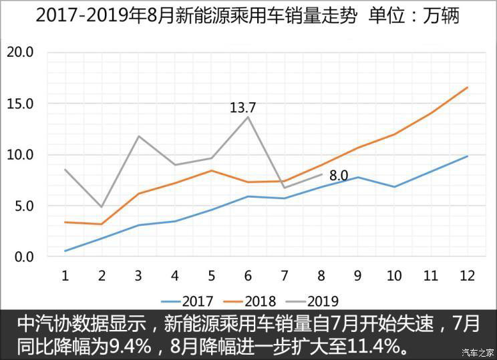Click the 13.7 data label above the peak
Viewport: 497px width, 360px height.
pos(242,108)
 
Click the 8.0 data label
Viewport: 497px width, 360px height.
pos(339,176)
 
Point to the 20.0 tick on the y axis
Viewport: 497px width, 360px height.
pos(20,52)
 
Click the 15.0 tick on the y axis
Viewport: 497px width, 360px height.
pos(20,104)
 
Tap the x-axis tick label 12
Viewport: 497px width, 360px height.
pos(468,275)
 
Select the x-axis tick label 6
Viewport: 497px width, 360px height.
pos(248,275)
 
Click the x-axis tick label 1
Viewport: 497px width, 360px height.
pos(65,275)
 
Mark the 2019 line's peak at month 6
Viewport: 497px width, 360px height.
pos(248,117)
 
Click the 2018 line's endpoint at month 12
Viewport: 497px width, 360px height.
pos(468,87)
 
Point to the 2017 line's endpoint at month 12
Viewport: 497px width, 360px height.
pos(468,156)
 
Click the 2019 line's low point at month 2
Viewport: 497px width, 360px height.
pos(102,206)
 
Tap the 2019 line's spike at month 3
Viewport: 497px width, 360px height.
pos(138,136)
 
